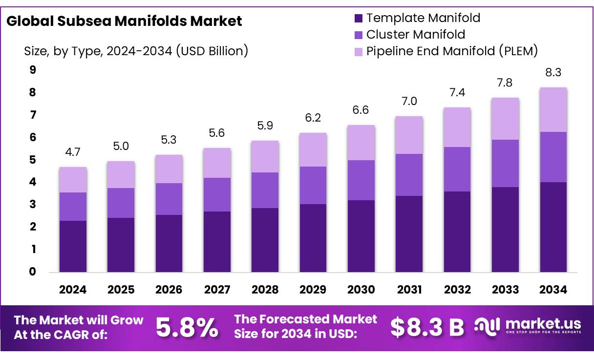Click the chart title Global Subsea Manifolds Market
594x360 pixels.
[124, 21]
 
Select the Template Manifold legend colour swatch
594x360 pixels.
[359, 19]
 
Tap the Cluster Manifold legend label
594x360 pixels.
[416, 35]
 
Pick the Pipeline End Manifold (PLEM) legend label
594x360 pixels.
[452, 51]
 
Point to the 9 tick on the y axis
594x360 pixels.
[33, 70]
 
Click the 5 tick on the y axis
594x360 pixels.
[33, 160]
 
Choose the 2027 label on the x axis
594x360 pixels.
[217, 290]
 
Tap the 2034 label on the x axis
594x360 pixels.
[553, 290]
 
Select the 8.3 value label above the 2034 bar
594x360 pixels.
[553, 73]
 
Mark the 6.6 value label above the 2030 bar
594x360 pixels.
[361, 111]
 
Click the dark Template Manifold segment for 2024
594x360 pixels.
[73, 246]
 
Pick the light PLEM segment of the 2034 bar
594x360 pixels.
[553, 110]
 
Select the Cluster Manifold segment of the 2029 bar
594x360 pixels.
[313, 185]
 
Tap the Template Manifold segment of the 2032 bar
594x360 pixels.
[457, 232]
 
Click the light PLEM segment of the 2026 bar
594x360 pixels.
[169, 169]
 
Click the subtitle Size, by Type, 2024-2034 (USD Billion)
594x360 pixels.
[136, 51]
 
